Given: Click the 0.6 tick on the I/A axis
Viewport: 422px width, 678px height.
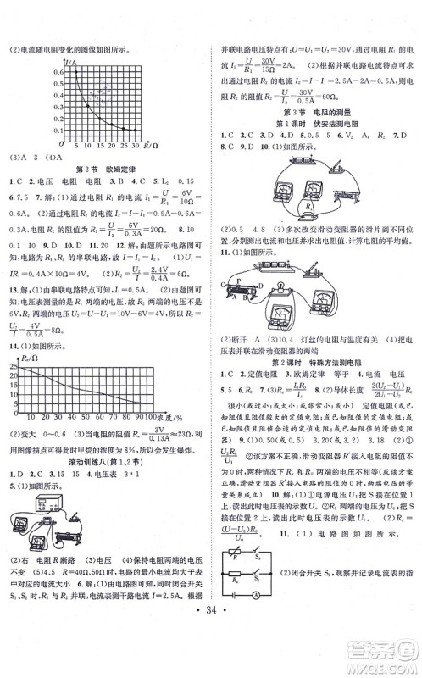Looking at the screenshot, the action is point(58,72).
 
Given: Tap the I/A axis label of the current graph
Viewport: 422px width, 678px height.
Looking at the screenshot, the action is point(75,64).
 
